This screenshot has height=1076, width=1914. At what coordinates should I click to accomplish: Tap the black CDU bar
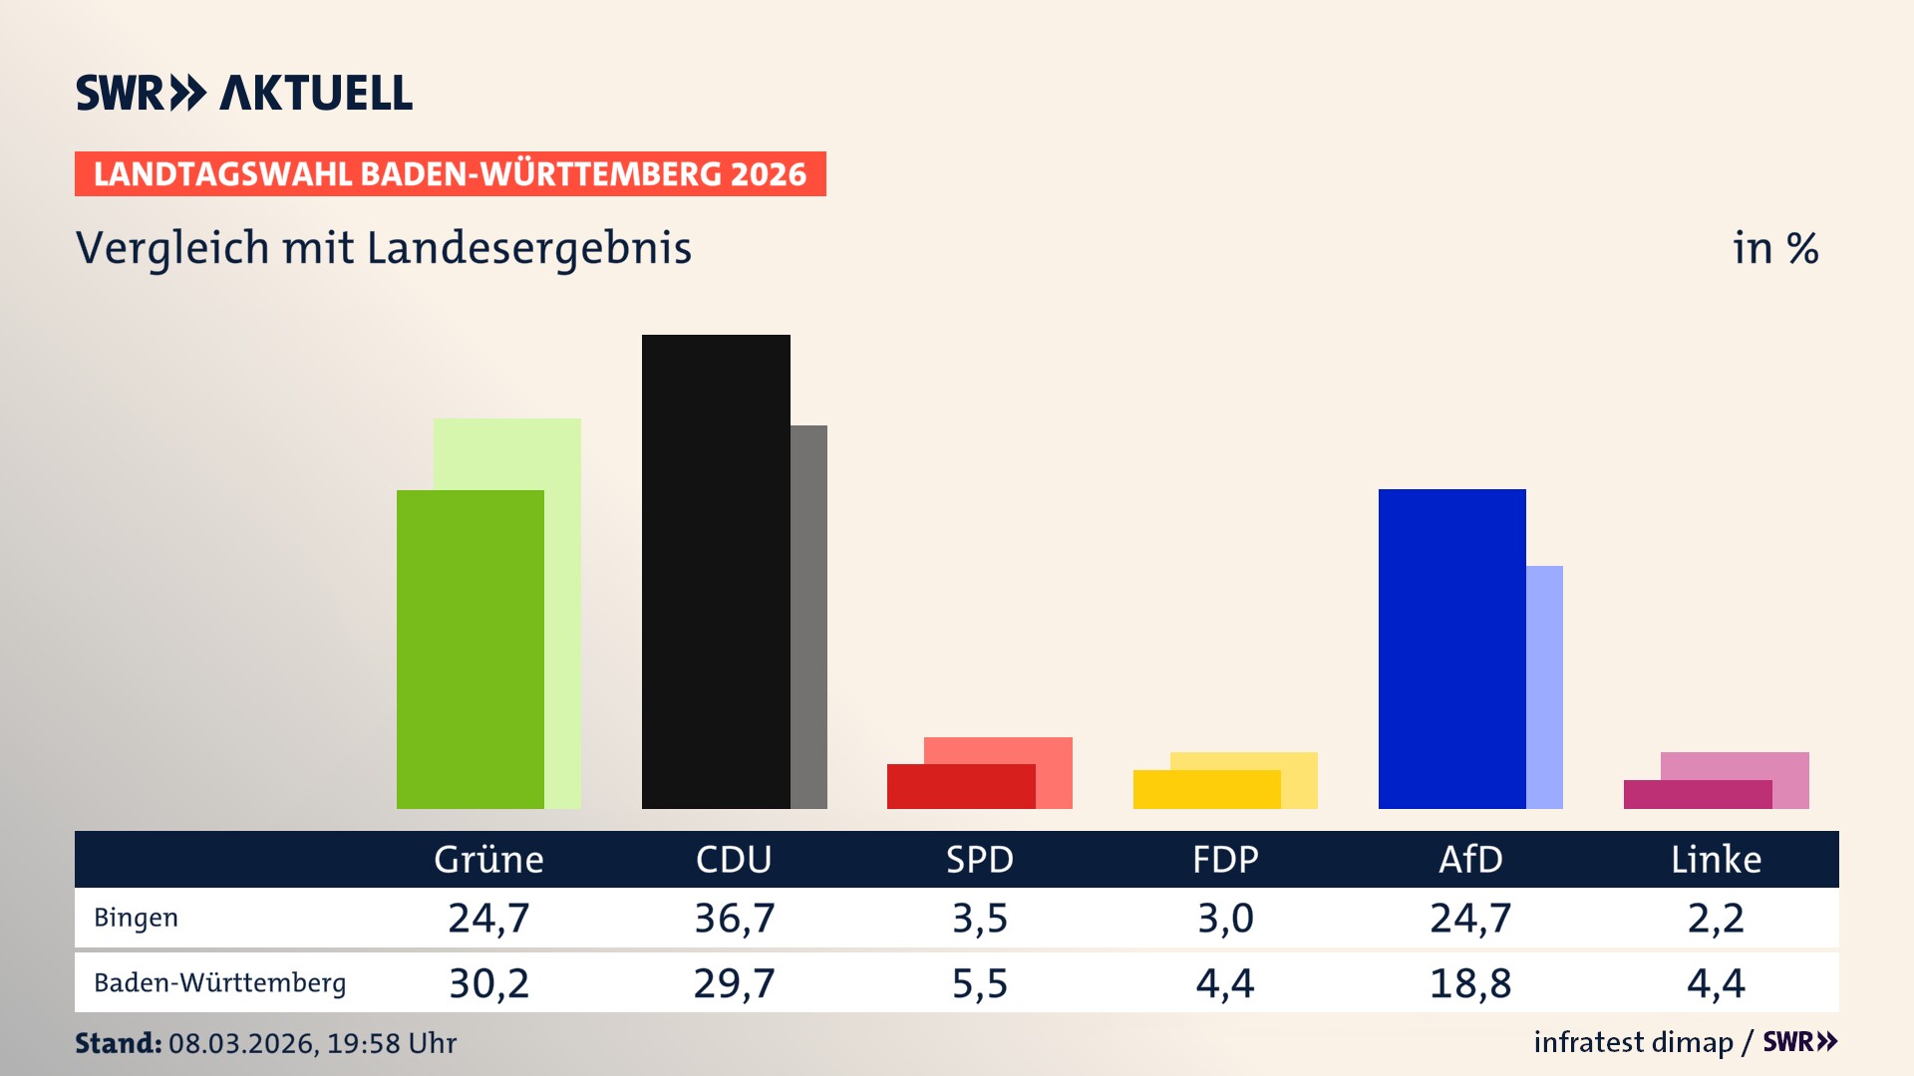coord(716,571)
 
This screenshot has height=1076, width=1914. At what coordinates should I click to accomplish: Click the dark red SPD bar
coord(960,786)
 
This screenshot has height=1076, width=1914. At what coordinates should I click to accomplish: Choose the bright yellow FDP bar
coord(1206,789)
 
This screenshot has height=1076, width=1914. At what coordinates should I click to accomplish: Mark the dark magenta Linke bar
coord(1697,794)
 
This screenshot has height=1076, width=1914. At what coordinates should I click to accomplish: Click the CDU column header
coord(734,859)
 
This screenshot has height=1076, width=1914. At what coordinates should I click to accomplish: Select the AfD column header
coord(1470,859)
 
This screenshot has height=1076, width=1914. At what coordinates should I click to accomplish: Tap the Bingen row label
coord(137,918)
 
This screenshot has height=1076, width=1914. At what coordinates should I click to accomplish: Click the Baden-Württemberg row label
coord(219,983)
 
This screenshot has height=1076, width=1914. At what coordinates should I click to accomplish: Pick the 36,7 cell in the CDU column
coord(734,918)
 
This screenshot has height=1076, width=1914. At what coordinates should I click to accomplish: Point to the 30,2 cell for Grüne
coord(488,983)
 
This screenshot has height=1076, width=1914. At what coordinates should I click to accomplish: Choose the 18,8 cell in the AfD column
coord(1470,983)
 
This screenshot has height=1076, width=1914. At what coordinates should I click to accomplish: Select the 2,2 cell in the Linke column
coord(1716,918)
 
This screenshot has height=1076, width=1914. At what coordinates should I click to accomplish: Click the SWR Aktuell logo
coord(244,93)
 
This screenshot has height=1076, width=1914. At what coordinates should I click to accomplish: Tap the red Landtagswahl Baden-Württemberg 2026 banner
coord(450,174)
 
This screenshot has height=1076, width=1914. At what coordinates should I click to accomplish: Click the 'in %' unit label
coord(1774,248)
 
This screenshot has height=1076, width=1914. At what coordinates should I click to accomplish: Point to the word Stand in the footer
coord(118,1043)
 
